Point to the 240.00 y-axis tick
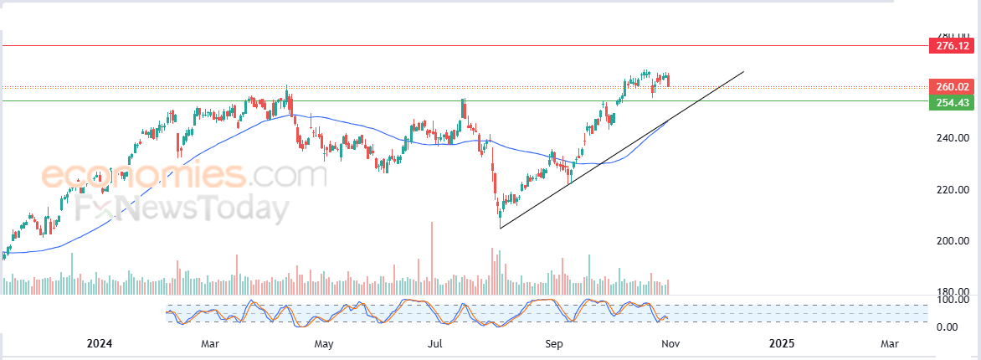pyautogui.click(x=952, y=138)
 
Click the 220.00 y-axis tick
pyautogui.click(x=952, y=190)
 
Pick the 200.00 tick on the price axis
pyautogui.click(x=952, y=241)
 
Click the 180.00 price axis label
pyautogui.click(x=952, y=291)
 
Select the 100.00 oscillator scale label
pyautogui.click(x=953, y=300)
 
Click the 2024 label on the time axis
pyautogui.click(x=100, y=343)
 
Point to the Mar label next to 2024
pyautogui.click(x=210, y=343)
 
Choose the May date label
pyautogui.click(x=324, y=343)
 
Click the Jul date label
pyautogui.click(x=434, y=343)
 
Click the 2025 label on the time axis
pyautogui.click(x=781, y=343)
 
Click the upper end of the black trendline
pyautogui.click(x=742, y=73)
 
